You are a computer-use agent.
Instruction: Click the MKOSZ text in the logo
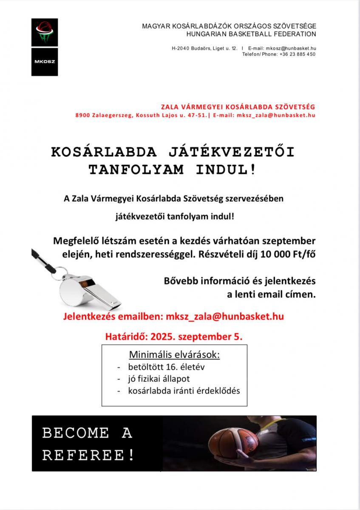pos(44,61)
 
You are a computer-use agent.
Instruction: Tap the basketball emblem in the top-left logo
pos(44,32)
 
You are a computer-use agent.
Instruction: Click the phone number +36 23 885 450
pos(298,54)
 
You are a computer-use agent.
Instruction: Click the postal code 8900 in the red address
pos(83,115)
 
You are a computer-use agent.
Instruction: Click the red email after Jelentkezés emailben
pos(225,316)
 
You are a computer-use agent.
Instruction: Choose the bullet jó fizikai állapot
pos(159,378)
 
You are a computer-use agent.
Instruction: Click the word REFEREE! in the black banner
pos(89,455)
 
